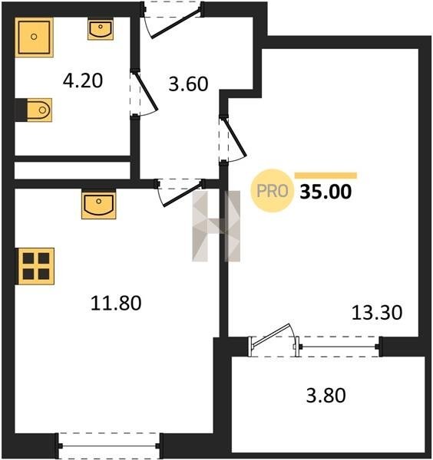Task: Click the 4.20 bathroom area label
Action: pos(83,80)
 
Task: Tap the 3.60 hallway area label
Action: pos(188,84)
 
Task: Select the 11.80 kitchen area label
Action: pos(116,303)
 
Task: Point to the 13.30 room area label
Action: pos(377,313)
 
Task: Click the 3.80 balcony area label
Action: pos(326,395)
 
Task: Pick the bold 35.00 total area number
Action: pos(326,192)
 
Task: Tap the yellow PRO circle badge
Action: pos(272,191)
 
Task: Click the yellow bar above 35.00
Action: pos(326,176)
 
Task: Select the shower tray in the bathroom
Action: pos(34,38)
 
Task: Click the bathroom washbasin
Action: pos(101,29)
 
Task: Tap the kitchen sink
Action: pos(99,204)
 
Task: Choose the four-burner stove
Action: pos(35,266)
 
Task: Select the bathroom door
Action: pos(144,93)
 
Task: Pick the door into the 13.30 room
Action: pos(233,139)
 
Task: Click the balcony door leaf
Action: pos(272,335)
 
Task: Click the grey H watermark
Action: pos(216,226)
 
